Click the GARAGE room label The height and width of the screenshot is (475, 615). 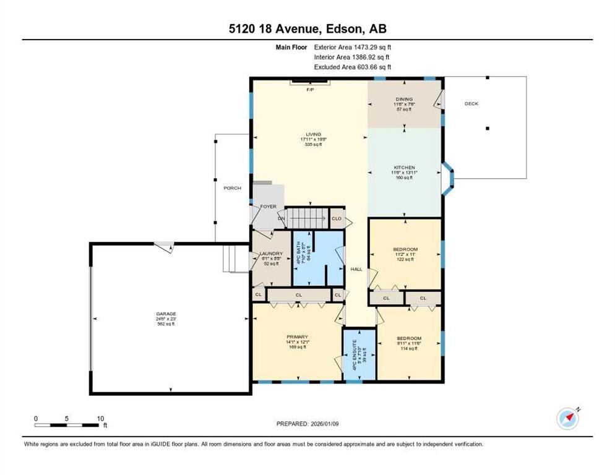166,314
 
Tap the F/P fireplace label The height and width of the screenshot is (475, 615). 310,90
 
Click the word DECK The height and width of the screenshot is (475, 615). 471,103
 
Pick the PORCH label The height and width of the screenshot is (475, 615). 232,188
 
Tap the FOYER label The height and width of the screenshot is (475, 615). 268,207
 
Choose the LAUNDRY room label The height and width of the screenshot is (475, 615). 271,254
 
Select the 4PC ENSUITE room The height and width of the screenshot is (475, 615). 360,354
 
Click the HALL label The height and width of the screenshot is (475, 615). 356,268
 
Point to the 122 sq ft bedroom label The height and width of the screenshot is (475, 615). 405,250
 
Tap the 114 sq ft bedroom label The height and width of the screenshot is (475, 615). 409,338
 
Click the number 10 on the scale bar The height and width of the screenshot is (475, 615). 100,418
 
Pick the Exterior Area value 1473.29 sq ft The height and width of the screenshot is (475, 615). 369,46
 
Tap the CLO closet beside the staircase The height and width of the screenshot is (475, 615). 337,218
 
